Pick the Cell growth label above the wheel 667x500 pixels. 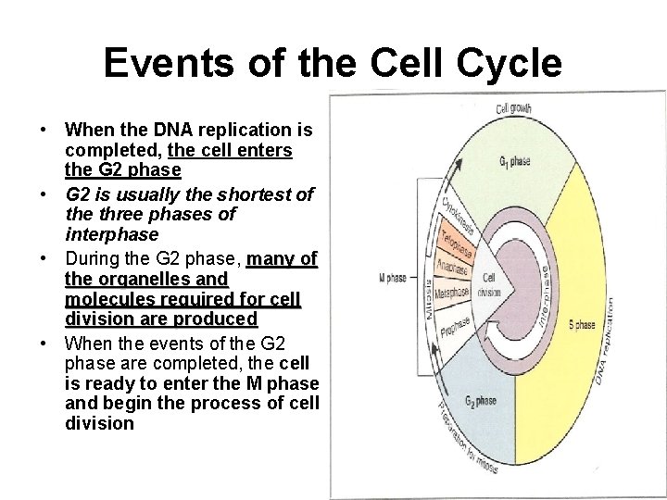click(513, 109)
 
